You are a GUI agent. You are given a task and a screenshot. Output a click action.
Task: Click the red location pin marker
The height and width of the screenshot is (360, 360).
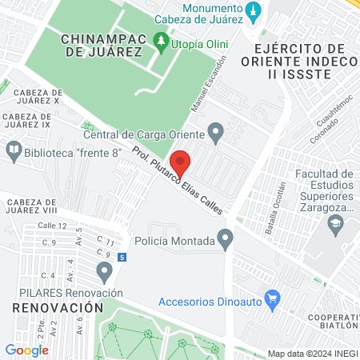click(182, 162)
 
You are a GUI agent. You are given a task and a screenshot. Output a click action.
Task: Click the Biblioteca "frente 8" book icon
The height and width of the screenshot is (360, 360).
click(14, 149)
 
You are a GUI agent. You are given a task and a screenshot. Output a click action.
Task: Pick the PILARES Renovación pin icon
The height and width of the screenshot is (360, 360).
click(103, 273)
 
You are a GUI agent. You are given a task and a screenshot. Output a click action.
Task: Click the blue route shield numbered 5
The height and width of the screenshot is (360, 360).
click(121, 258)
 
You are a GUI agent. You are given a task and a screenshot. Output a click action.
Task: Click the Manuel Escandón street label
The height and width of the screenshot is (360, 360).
click(210, 85)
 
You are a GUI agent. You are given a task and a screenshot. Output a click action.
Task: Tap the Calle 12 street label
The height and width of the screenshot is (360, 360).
click(51, 226)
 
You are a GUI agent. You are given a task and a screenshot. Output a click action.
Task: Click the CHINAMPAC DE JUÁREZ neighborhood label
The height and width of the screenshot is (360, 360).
click(102, 45)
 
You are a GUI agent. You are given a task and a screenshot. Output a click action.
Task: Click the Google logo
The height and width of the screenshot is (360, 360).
click(26, 350)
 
